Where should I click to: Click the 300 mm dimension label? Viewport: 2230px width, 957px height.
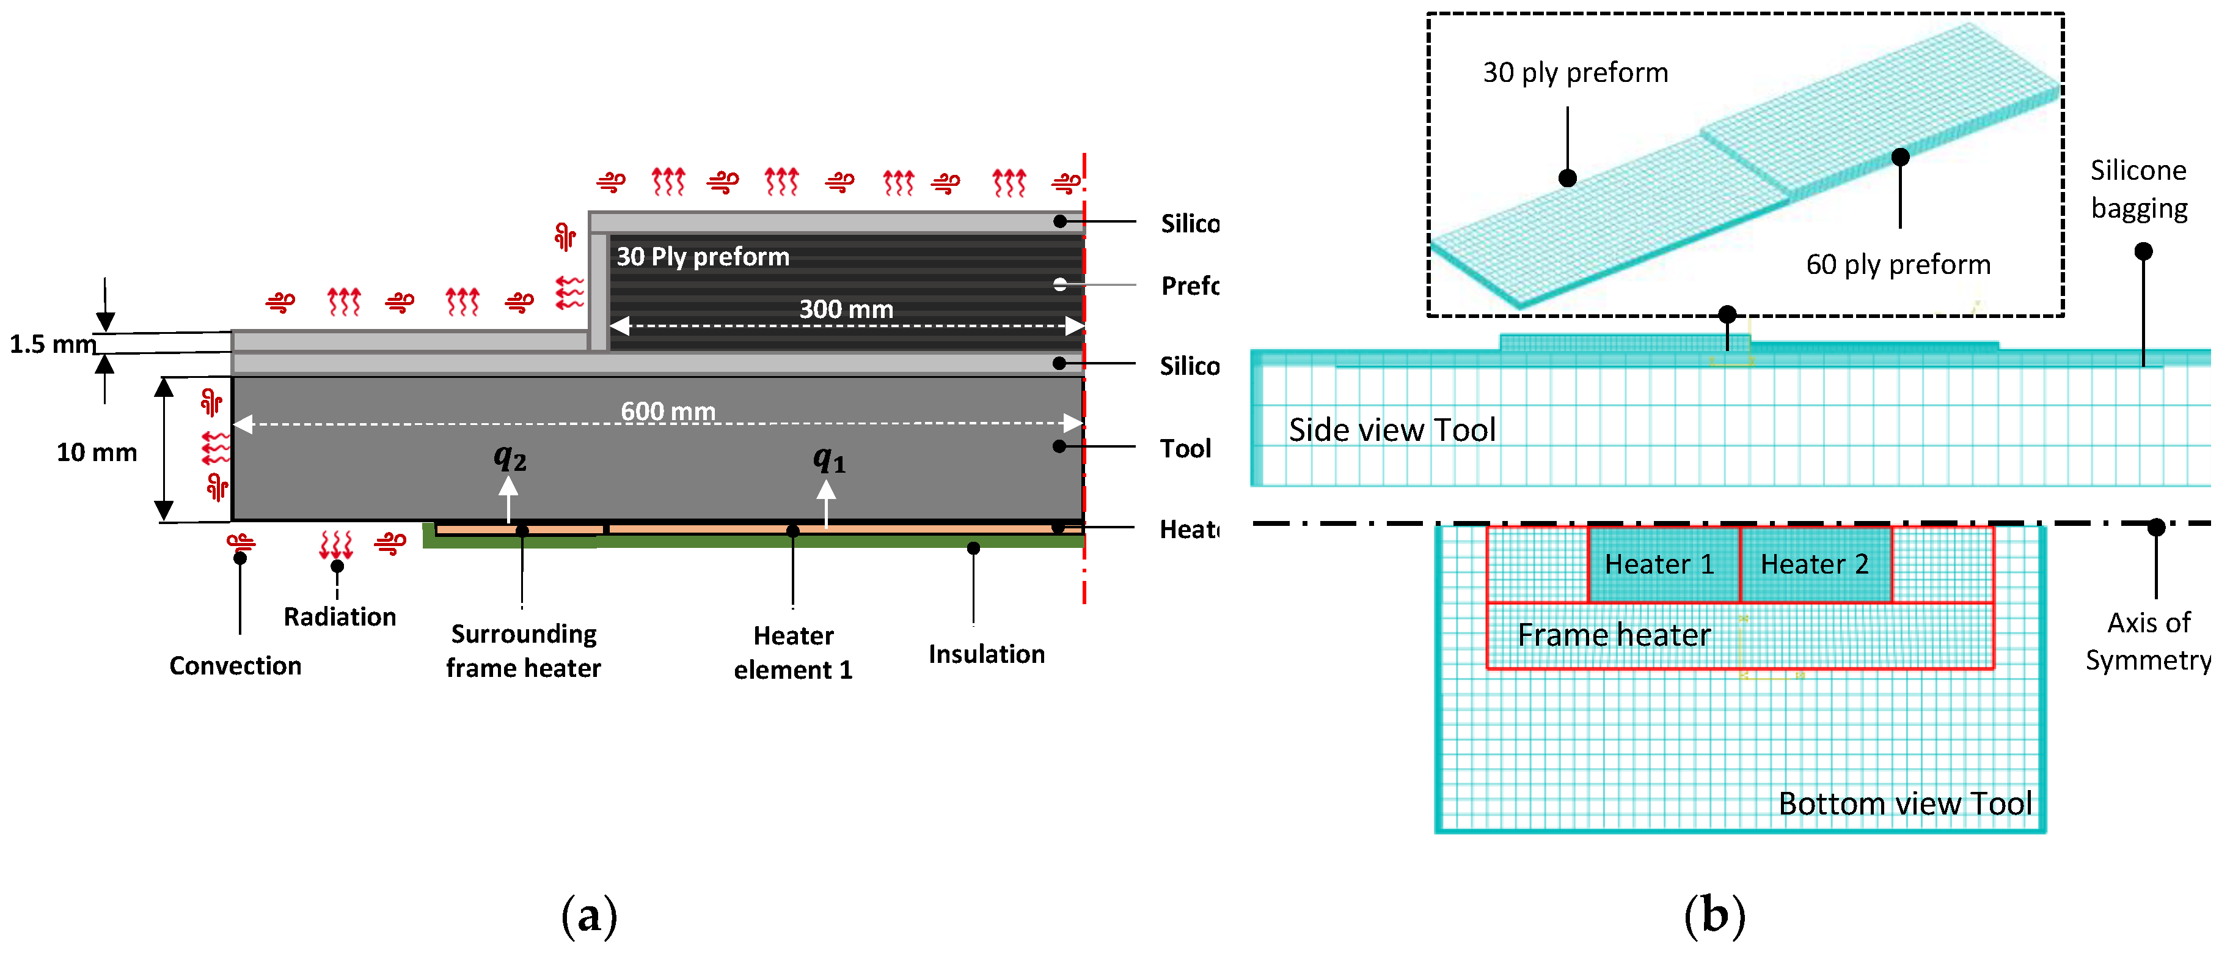(845, 309)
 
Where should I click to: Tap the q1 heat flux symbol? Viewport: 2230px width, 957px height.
(828, 459)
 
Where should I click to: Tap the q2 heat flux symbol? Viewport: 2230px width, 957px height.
(510, 457)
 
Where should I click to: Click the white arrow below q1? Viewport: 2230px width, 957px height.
(826, 502)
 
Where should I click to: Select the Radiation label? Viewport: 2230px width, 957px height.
(339, 616)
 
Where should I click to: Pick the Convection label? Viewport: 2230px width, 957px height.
(235, 665)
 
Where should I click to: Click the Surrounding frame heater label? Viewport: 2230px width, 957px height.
(523, 651)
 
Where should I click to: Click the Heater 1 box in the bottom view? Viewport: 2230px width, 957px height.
(1659, 564)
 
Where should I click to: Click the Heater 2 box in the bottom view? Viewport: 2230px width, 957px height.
(1815, 564)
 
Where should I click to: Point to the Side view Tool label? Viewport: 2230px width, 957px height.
(1391, 429)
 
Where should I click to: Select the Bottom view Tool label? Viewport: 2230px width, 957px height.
(1904, 803)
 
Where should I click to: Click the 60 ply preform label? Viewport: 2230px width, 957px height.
(1898, 264)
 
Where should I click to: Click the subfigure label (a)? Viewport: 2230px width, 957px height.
(589, 915)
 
